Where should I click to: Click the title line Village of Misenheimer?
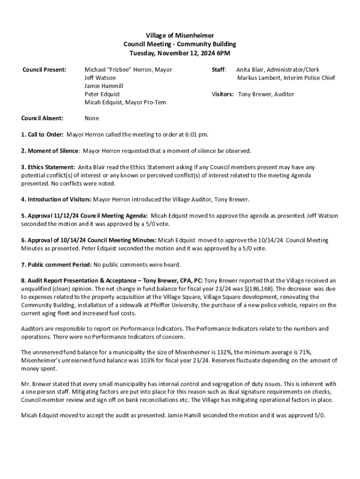click(180, 36)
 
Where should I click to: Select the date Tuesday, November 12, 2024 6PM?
click(180, 53)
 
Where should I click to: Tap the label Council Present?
click(44, 70)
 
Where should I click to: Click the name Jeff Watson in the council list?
click(100, 78)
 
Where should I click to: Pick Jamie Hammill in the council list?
click(104, 86)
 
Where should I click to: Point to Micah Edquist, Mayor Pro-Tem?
click(125, 102)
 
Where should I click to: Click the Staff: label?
click(219, 70)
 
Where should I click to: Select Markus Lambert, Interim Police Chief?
click(286, 78)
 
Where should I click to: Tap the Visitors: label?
click(223, 94)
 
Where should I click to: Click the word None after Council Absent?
click(92, 118)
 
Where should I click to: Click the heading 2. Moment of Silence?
click(49, 151)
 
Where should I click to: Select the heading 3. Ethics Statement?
click(48, 167)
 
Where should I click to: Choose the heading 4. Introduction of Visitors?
click(56, 199)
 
